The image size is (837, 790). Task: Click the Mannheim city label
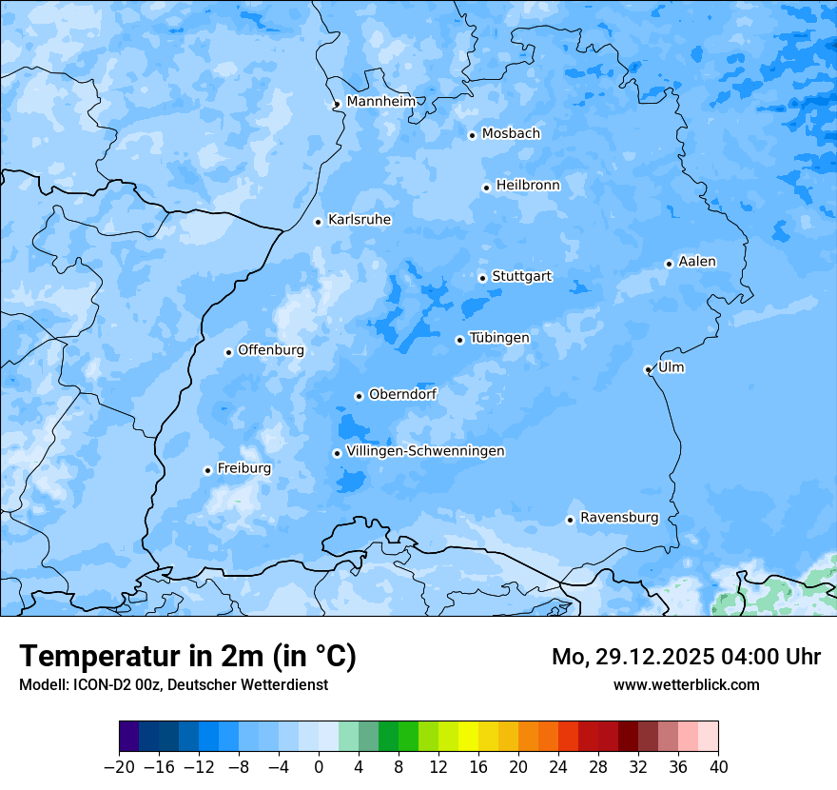380,102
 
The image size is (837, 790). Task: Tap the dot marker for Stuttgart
482,278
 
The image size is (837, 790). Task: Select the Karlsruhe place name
359,220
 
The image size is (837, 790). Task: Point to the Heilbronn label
528,186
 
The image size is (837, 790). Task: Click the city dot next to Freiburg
207,470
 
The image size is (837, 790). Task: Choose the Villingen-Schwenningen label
425,451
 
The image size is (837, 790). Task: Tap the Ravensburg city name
619,518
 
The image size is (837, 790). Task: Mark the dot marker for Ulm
648,369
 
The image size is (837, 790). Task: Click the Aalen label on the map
697,262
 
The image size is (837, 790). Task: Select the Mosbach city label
511,134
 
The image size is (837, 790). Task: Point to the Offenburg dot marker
228,352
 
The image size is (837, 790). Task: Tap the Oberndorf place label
402,394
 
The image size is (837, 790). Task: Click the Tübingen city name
499,338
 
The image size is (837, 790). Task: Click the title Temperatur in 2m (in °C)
187,656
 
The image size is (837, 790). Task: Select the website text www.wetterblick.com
686,684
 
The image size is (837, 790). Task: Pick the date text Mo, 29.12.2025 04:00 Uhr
686,657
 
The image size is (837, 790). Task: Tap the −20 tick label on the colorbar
120,767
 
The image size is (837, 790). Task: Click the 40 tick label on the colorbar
718,767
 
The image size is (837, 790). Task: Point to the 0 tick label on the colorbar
319,767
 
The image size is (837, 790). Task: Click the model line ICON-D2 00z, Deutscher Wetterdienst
173,684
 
